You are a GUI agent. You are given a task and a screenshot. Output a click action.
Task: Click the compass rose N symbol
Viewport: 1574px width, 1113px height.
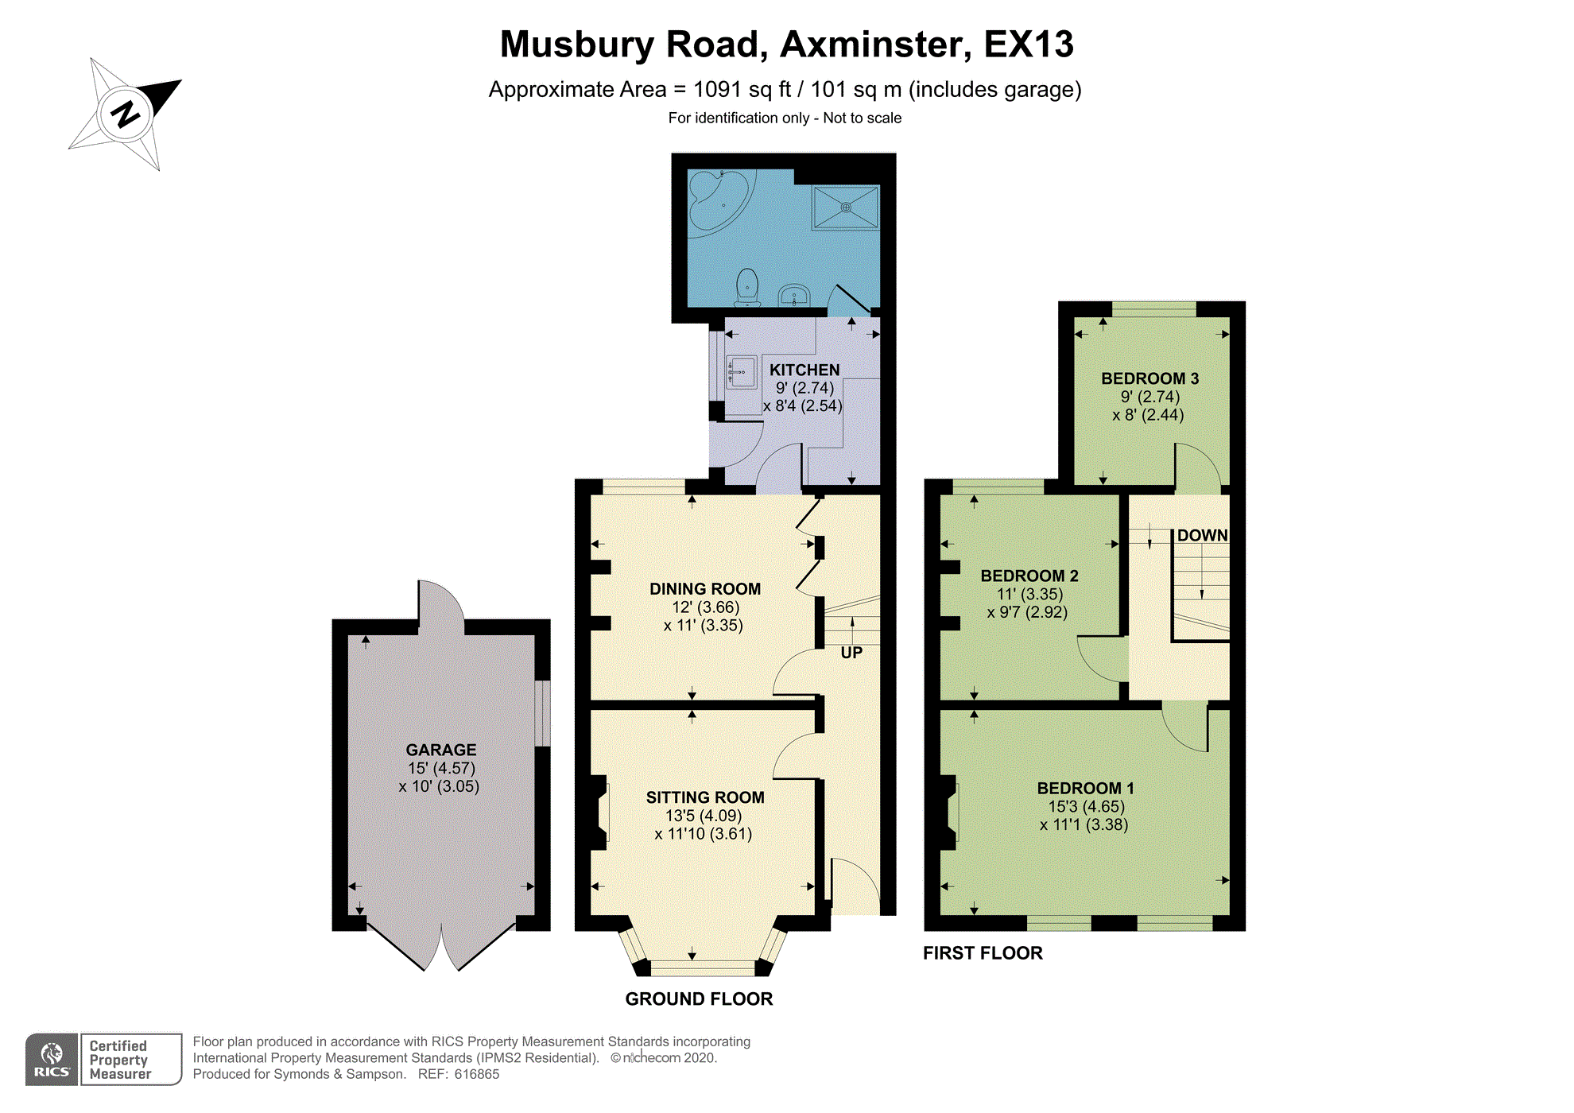(x=126, y=114)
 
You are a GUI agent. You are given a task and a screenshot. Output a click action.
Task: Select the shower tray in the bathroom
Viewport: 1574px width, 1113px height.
(x=845, y=207)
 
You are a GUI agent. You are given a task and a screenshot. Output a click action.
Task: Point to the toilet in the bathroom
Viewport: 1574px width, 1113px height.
(x=747, y=288)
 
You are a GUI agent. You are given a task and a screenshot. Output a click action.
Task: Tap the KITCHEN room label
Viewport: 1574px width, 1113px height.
(x=804, y=370)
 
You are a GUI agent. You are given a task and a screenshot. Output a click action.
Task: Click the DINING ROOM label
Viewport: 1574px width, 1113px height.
(x=705, y=589)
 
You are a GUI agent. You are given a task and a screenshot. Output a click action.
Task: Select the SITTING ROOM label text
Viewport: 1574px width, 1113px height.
(x=705, y=797)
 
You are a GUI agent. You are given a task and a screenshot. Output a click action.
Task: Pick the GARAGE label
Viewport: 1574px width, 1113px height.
(x=441, y=750)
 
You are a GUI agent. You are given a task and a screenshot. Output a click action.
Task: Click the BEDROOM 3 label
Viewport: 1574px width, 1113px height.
(x=1149, y=378)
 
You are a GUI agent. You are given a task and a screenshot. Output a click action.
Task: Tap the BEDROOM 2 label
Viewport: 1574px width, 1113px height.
(x=1029, y=576)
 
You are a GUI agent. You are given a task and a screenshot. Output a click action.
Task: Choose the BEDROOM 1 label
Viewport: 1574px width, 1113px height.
(x=1085, y=788)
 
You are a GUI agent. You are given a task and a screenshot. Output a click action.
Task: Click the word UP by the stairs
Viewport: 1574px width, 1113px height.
(x=851, y=653)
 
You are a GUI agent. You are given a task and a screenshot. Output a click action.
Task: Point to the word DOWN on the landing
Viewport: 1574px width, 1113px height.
(x=1203, y=535)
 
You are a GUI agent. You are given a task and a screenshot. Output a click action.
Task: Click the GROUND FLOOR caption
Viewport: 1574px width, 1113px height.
(x=699, y=999)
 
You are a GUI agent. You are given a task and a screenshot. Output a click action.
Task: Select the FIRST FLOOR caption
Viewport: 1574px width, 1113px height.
(x=983, y=953)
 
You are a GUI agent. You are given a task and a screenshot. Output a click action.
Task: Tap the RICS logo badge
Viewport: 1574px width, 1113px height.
(x=52, y=1060)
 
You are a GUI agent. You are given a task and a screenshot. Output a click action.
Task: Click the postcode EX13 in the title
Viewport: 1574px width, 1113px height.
(x=1029, y=45)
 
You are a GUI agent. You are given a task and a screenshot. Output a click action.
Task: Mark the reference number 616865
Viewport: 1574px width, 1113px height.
(x=475, y=1075)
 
